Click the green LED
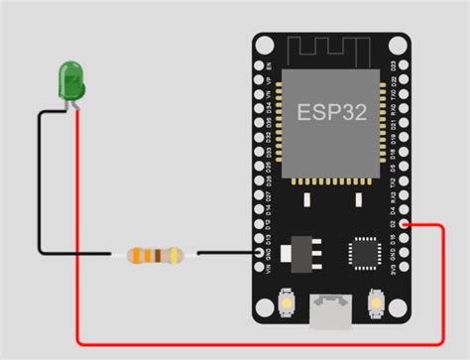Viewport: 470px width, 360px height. [71, 79]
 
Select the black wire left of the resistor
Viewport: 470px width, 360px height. [74, 255]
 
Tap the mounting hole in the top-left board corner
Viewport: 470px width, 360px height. [264, 46]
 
